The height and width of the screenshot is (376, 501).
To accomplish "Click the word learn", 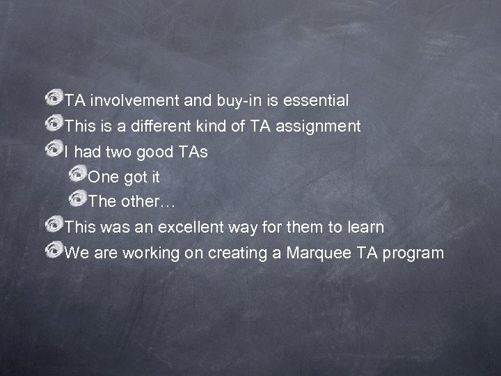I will coord(365,227).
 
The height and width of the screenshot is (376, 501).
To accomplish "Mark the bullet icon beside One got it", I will coord(78,174).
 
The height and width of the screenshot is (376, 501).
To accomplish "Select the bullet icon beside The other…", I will coord(78,199).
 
